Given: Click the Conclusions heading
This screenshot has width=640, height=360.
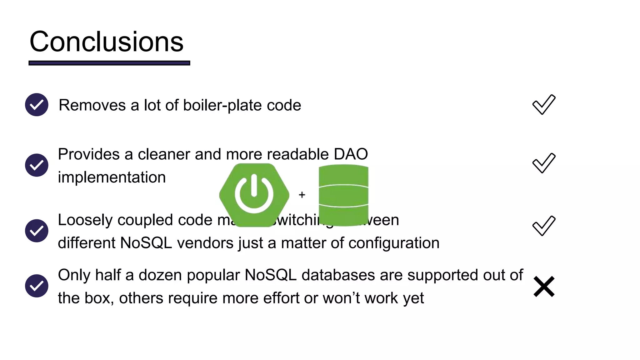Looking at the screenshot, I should point(106,42).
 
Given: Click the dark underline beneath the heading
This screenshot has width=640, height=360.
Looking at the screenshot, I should point(109,63).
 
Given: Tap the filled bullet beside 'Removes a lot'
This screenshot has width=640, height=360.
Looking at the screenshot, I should point(37,105).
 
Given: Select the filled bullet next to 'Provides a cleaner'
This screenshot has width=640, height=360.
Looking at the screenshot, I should point(37,165).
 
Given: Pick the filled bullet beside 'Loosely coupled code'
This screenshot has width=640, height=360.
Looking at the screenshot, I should point(37,231).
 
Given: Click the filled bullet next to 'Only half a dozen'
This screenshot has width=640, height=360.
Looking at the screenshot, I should point(37,286).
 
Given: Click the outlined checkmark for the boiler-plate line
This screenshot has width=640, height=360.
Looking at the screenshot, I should point(544,105).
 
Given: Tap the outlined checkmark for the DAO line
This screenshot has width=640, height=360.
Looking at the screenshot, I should point(544,163).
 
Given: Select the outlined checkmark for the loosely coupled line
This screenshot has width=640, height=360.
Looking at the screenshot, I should point(544,226).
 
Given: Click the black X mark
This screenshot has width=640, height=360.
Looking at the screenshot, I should point(544,286).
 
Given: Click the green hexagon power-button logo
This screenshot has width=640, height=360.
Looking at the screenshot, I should point(254,195).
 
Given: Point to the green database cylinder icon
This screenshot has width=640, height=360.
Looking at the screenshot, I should point(343,195).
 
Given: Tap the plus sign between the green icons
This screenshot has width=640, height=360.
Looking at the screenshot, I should point(302,195).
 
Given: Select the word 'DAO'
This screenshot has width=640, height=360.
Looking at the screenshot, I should point(351,154).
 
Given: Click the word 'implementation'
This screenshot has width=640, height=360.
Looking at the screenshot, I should point(112,177).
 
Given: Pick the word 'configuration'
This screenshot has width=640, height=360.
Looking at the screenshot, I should point(394,243).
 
